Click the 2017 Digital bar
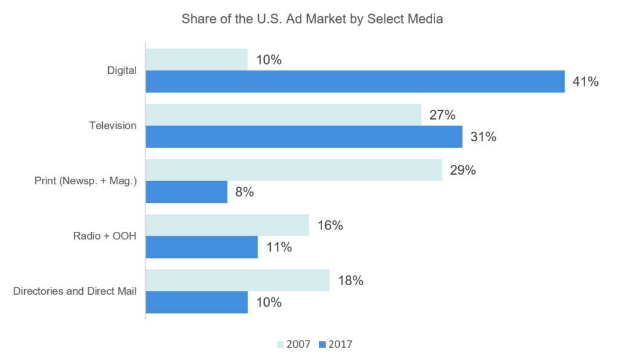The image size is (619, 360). pyautogui.click(x=355, y=82)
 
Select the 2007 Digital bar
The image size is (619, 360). pyautogui.click(x=196, y=60)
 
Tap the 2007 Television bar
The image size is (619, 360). pyautogui.click(x=284, y=115)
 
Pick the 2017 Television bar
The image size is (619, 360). pyautogui.click(x=304, y=137)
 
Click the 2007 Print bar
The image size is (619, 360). pyautogui.click(x=294, y=170)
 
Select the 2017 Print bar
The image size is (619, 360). pyautogui.click(x=186, y=192)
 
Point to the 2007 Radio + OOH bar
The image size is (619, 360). pyautogui.click(x=227, y=225)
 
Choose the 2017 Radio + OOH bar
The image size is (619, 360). pyautogui.click(x=202, y=247)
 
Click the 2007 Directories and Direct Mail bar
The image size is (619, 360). pyautogui.click(x=238, y=280)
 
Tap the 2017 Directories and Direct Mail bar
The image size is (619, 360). pyautogui.click(x=196, y=302)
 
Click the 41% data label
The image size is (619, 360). pyautogui.click(x=585, y=82)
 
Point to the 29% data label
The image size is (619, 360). pyautogui.click(x=462, y=170)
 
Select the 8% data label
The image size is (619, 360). pyautogui.click(x=244, y=193)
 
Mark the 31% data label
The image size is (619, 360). pyautogui.click(x=483, y=137)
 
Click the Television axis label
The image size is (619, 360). pyautogui.click(x=112, y=126)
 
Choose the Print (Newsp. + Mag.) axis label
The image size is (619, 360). pyautogui.click(x=85, y=181)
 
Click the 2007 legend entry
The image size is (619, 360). pyautogui.click(x=294, y=344)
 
